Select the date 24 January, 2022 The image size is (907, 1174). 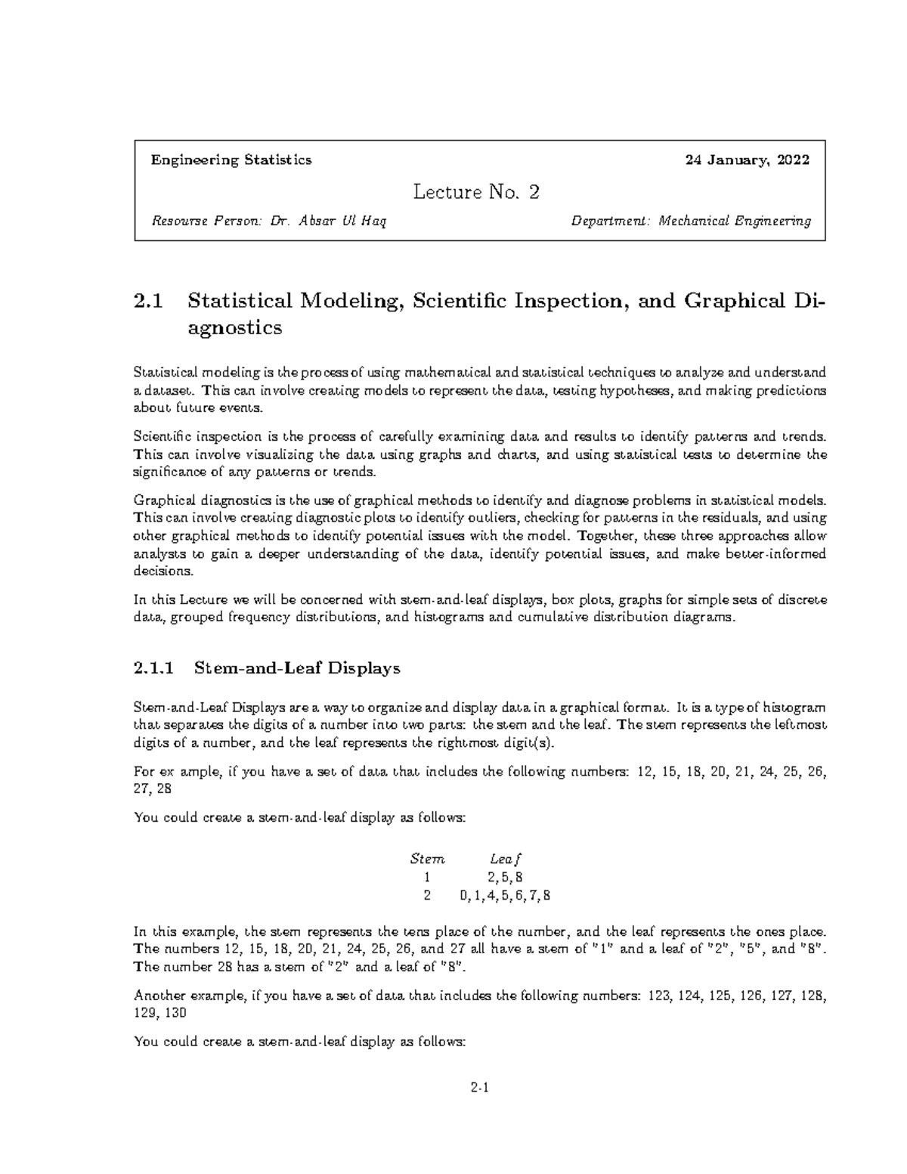[747, 160]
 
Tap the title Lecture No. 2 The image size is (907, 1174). [476, 193]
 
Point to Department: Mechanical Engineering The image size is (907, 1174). [691, 221]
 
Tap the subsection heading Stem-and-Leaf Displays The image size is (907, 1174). [297, 668]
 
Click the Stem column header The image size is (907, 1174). [427, 860]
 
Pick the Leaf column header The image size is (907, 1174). [506, 860]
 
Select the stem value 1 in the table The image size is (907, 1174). [427, 878]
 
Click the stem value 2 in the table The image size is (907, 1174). [427, 896]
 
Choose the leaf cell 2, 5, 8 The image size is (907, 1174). [505, 878]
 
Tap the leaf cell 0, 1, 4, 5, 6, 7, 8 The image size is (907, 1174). [505, 896]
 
